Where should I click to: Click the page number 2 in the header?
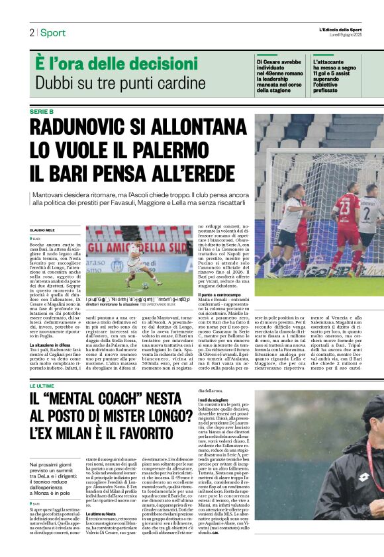point(31,32)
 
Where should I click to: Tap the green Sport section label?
point(52,32)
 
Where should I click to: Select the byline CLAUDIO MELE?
point(42,229)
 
